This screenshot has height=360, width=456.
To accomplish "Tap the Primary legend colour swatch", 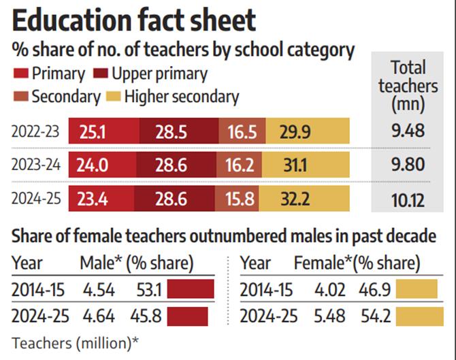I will click(20, 73).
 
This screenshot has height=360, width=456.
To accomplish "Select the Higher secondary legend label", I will click(181, 97).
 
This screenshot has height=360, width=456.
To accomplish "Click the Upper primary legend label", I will click(159, 73).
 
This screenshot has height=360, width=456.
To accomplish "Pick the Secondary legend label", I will click(66, 97).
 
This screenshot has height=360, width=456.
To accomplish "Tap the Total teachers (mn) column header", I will click(408, 86).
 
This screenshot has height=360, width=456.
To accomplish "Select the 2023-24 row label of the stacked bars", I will click(35, 165).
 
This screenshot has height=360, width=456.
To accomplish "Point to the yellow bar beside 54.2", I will click(414, 316).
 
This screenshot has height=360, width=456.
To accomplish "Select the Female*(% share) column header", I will click(357, 263).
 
